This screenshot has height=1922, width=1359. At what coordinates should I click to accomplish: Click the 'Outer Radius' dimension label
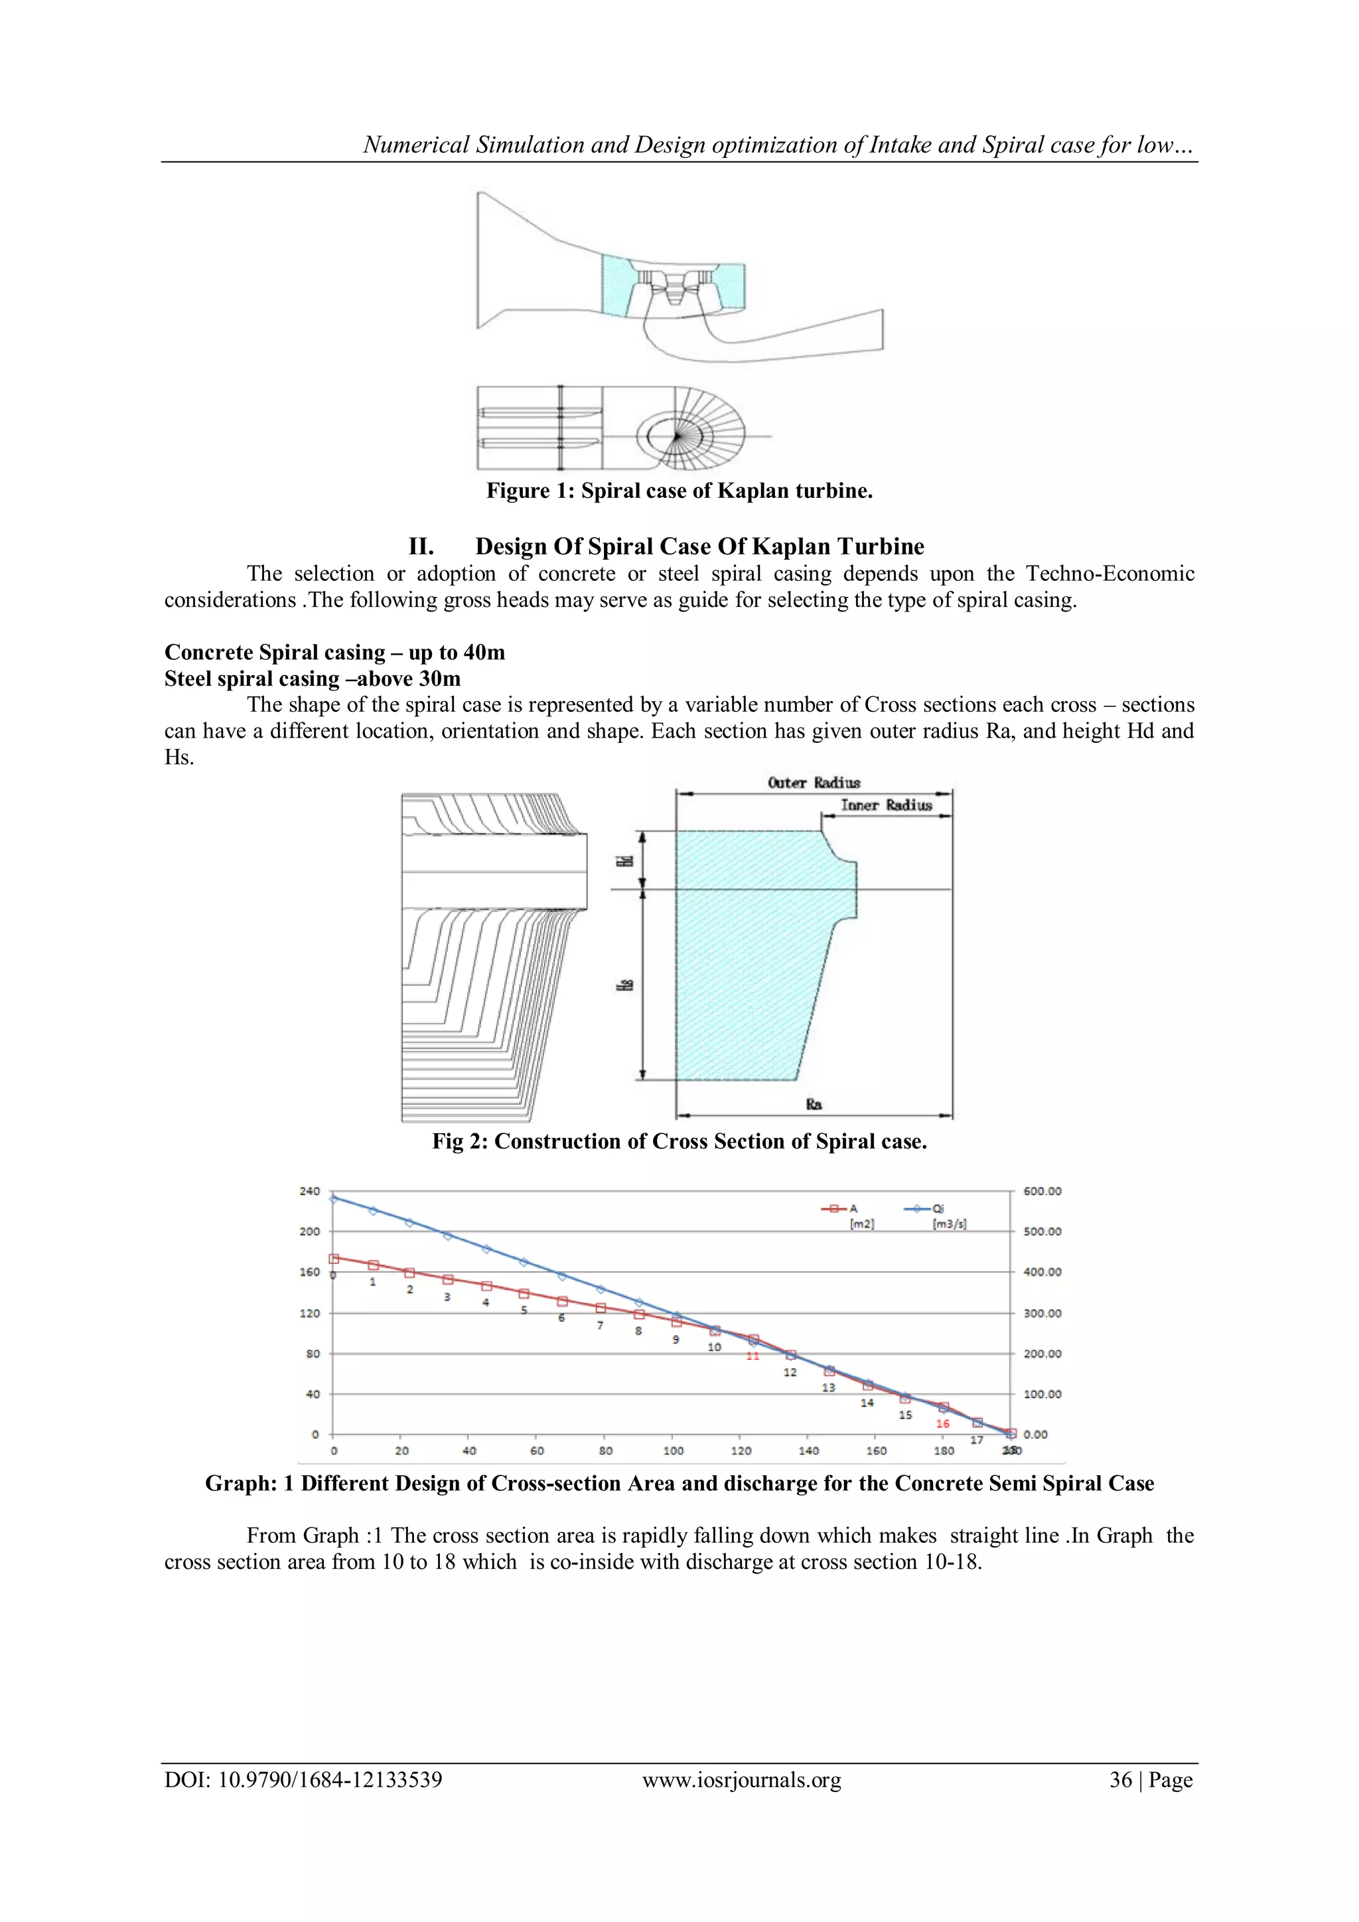(814, 783)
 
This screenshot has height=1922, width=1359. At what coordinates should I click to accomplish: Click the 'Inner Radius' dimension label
(886, 805)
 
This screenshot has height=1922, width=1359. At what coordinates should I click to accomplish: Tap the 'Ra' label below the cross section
(814, 1104)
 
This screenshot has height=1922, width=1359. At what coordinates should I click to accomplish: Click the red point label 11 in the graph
(752, 1355)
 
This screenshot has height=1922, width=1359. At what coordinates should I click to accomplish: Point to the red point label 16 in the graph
(942, 1423)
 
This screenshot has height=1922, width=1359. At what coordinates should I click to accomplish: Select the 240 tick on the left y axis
(310, 1190)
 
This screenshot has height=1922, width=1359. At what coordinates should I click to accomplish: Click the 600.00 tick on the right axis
(1042, 1190)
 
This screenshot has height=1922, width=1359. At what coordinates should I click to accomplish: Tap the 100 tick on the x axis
(673, 1451)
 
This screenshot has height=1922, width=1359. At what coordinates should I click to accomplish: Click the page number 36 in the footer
(1121, 1780)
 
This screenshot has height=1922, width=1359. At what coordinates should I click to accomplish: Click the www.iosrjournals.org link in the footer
(741, 1780)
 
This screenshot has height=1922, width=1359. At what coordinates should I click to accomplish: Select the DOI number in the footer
(330, 1780)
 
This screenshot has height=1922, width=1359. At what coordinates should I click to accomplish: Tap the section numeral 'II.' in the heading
(421, 546)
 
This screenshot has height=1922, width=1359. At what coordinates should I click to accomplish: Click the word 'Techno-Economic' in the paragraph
(1109, 574)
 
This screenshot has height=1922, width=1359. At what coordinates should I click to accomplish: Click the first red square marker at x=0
(333, 1258)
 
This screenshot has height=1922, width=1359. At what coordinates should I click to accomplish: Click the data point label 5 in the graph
(524, 1310)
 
